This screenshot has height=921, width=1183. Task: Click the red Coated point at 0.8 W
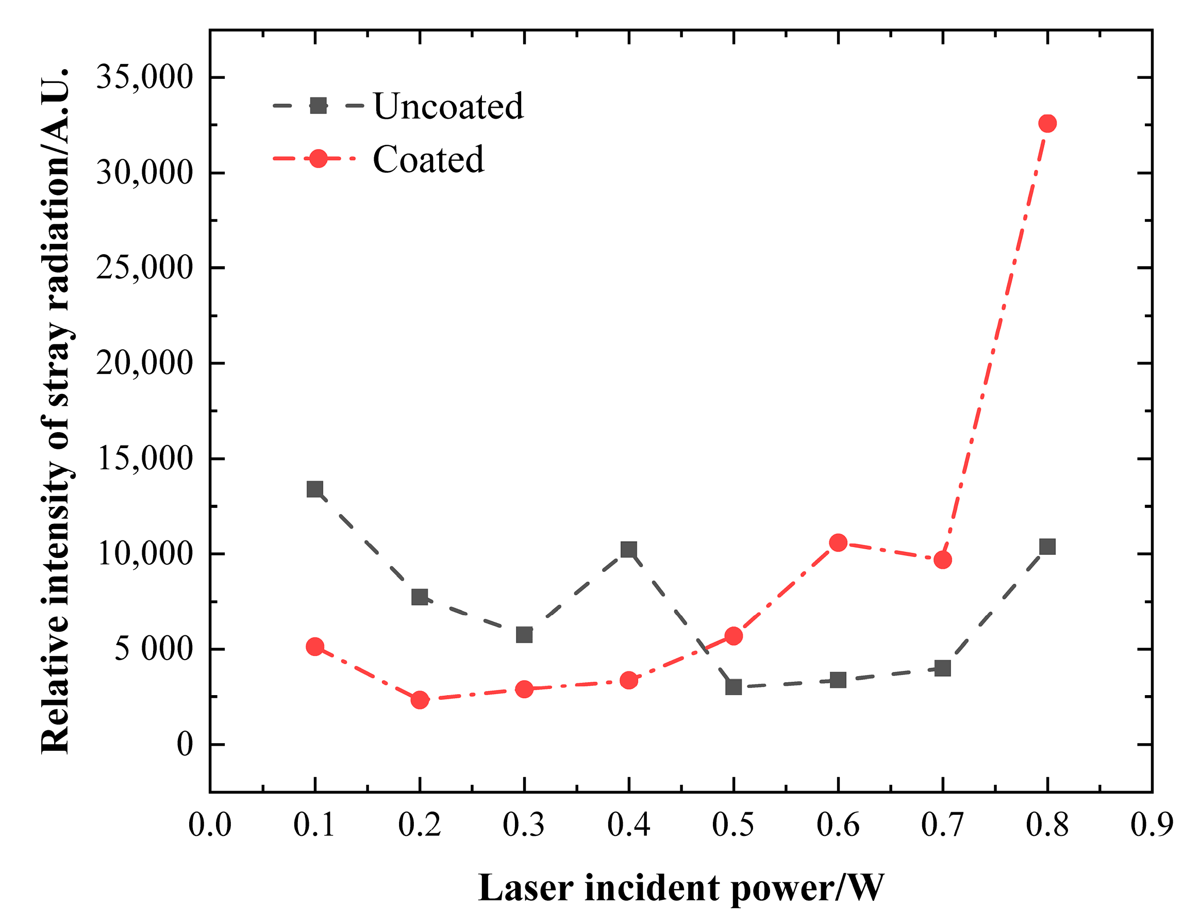(1047, 124)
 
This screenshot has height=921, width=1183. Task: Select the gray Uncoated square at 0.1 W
(315, 489)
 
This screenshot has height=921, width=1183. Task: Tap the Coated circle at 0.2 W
(419, 699)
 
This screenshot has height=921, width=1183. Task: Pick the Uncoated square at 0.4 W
(628, 550)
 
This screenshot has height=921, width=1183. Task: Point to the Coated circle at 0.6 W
(838, 542)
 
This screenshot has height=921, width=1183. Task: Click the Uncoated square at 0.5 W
(734, 687)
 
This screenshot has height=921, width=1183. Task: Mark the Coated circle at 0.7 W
(942, 560)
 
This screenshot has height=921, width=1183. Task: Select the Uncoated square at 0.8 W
(1047, 547)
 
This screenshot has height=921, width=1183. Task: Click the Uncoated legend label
(448, 106)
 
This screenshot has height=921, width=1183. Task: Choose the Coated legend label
(428, 159)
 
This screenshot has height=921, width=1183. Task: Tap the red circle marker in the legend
(318, 159)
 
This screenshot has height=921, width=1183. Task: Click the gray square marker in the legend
(318, 106)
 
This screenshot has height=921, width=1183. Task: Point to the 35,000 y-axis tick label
(144, 77)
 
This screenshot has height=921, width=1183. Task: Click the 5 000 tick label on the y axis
(153, 649)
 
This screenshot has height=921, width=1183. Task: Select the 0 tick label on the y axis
(185, 745)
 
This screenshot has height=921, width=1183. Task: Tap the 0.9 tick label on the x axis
(1151, 825)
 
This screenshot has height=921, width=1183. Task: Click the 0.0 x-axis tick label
(210, 825)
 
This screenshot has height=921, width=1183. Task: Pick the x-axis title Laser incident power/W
(681, 889)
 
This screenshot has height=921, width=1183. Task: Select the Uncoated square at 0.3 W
(524, 634)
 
